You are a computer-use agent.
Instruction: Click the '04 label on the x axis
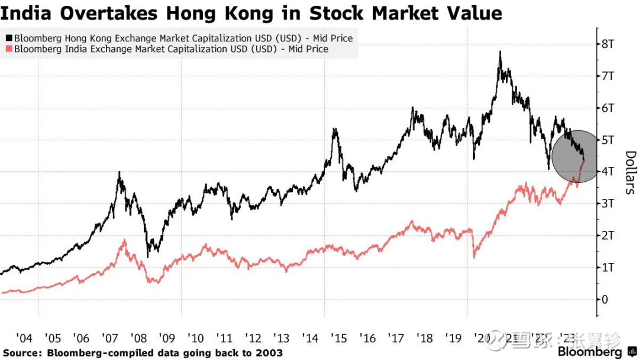click(24, 338)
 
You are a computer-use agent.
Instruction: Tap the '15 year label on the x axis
click(339, 338)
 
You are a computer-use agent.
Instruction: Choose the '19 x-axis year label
click(454, 338)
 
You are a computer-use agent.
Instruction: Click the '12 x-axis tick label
click(253, 338)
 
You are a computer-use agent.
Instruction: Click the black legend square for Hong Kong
click(8, 38)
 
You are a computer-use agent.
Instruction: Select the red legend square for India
click(8, 49)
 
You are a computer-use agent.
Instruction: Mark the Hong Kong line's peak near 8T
click(501, 52)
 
